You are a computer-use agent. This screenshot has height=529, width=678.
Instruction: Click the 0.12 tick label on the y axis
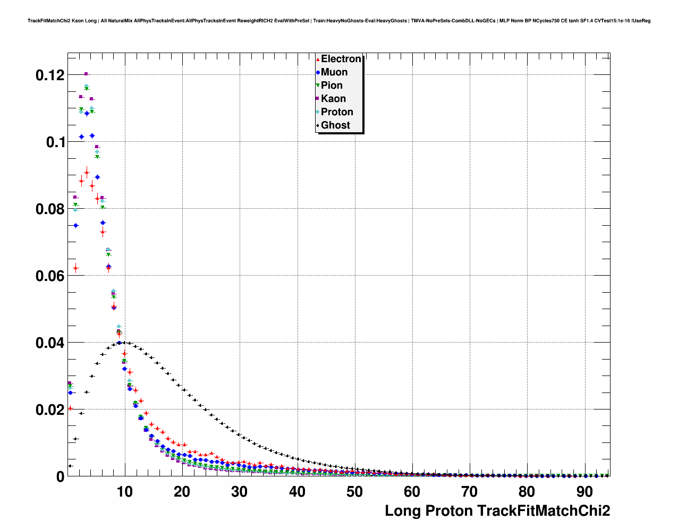tap(50, 75)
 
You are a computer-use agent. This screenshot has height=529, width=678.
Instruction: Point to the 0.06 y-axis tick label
tap(50, 276)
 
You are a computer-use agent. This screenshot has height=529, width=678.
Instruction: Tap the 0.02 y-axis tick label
tap(50, 410)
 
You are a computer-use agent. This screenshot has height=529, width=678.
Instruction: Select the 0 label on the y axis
tap(60, 477)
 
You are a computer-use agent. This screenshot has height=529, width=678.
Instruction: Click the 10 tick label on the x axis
tap(124, 492)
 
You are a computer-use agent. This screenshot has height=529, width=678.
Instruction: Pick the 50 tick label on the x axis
tap(354, 492)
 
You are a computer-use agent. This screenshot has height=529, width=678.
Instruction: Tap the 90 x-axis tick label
tap(584, 492)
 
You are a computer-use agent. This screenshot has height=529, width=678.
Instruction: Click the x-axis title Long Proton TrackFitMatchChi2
tap(497, 511)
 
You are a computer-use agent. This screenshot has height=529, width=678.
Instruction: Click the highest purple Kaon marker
tap(86, 74)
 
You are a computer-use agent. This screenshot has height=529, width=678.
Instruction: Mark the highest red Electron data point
tap(87, 172)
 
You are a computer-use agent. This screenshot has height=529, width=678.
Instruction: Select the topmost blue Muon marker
tap(92, 136)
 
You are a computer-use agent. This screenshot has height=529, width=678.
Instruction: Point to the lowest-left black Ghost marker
tap(70, 466)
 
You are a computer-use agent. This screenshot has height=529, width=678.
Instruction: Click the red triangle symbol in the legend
tap(318, 59)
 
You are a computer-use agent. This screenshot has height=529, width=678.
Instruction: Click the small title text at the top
tap(339, 21)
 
